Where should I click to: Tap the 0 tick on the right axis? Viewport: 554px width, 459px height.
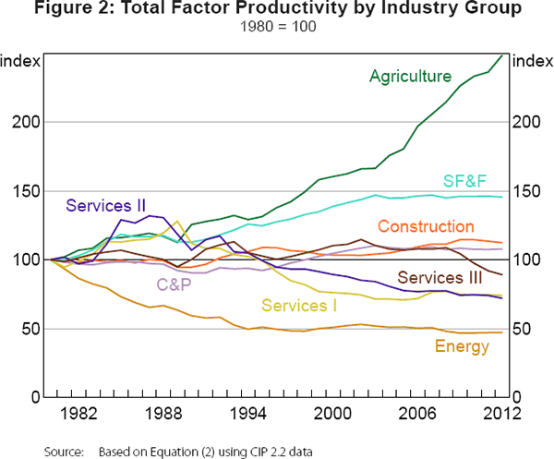coord(518,398)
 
